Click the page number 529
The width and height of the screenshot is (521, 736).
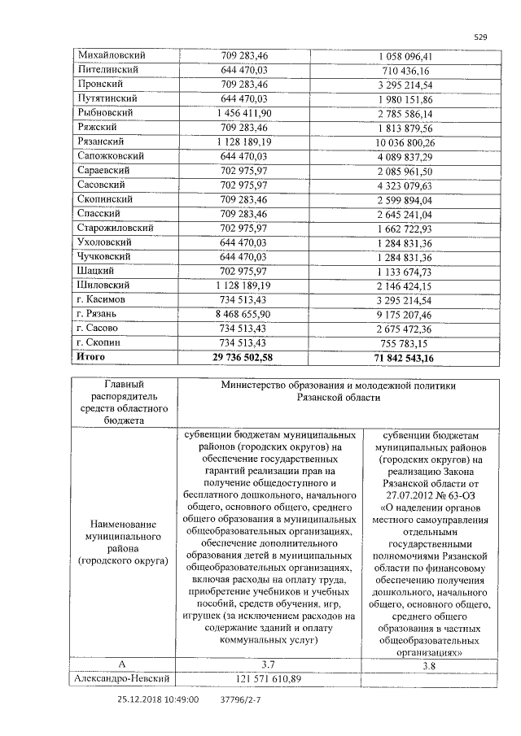click(480, 37)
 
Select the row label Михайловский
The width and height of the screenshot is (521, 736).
click(111, 55)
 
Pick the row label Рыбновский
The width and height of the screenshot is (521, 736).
click(105, 112)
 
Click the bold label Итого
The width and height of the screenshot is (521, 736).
click(90, 356)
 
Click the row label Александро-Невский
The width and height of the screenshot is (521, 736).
click(122, 678)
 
